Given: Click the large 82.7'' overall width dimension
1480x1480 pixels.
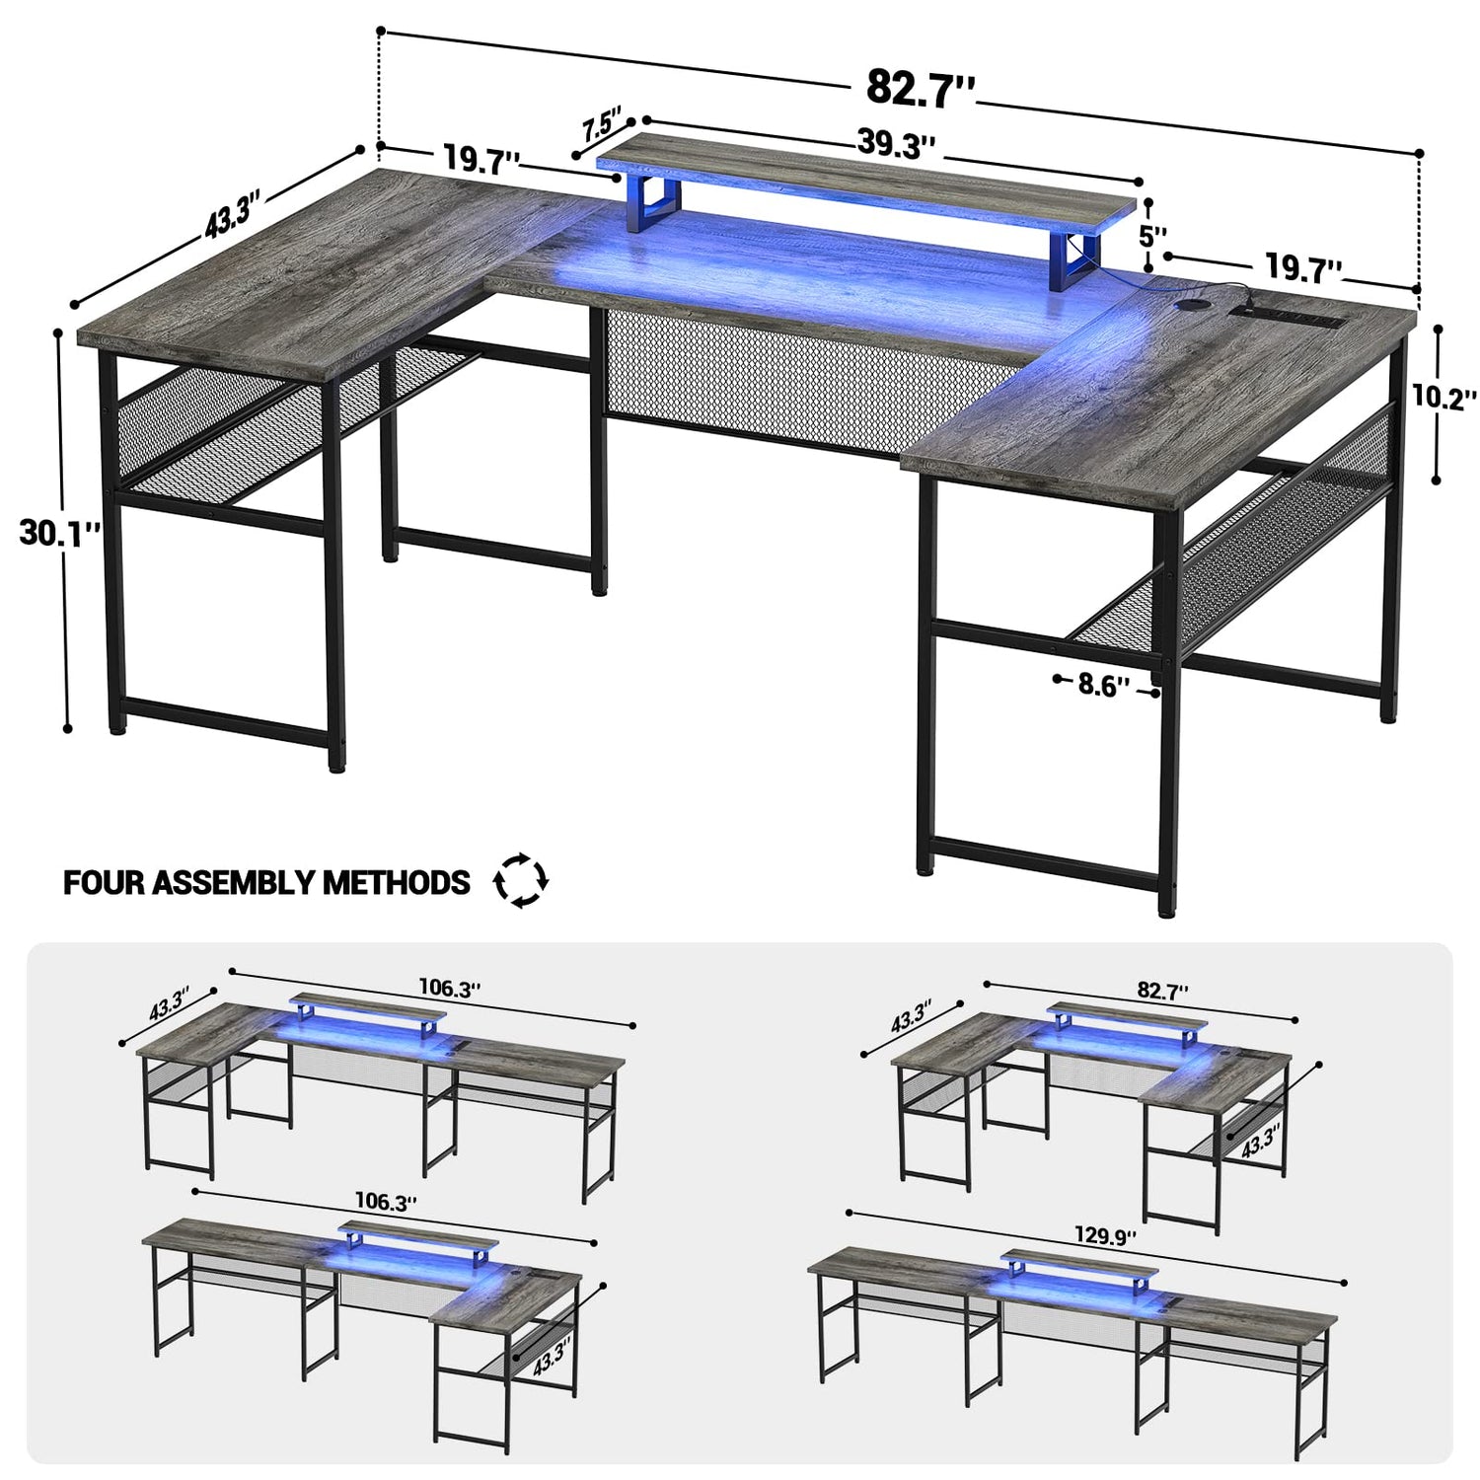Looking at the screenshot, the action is coord(921,88).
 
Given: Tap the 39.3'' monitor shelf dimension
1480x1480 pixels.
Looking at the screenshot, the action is coord(896,144).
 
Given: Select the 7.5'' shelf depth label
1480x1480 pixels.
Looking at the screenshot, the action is coord(601,125).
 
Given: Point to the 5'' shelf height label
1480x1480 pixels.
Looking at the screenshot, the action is coord(1152,237).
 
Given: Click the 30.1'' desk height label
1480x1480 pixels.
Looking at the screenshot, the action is coord(60,533).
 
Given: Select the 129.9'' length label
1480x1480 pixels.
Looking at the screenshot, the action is coord(1105,1235).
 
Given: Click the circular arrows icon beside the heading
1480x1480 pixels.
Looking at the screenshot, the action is coord(520,880).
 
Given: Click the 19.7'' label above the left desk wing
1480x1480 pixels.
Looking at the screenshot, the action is coord(481,159).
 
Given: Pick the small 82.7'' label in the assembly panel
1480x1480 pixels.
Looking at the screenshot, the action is coord(1162,990).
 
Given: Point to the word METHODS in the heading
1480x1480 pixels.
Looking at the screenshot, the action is coord(397,882).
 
